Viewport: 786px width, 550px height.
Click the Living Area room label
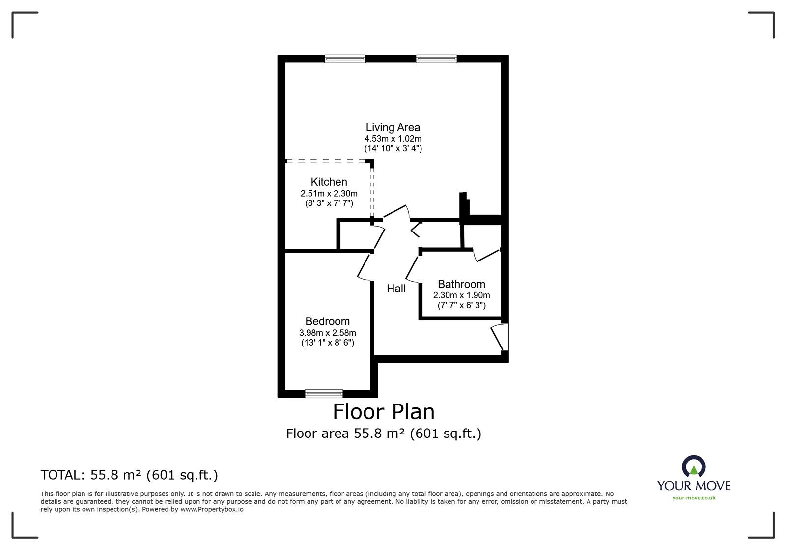coord(393,128)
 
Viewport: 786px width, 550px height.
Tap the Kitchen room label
coord(329,182)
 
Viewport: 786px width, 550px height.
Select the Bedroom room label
coord(327,321)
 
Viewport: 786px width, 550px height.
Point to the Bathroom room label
coord(461,284)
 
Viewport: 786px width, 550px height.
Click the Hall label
coord(396,289)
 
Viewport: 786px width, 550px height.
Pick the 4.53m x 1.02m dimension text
coord(393,139)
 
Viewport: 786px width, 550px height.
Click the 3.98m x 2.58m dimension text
coord(327,333)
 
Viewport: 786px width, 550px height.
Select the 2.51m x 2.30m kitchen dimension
coord(329,193)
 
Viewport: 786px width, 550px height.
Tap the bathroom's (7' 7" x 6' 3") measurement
coord(461,305)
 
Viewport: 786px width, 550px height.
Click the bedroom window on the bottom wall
coord(324,393)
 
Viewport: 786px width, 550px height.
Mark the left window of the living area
coord(345,59)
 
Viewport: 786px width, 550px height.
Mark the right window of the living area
coord(436,59)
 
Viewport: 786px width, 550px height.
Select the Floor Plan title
coord(384,412)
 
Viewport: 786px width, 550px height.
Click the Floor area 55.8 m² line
coord(384,434)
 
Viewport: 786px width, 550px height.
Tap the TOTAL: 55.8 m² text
coord(129,475)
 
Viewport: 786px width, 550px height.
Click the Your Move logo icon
coord(694,467)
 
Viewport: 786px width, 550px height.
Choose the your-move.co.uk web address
coord(694,498)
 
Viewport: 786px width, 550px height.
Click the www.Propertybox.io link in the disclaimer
coord(212,510)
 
